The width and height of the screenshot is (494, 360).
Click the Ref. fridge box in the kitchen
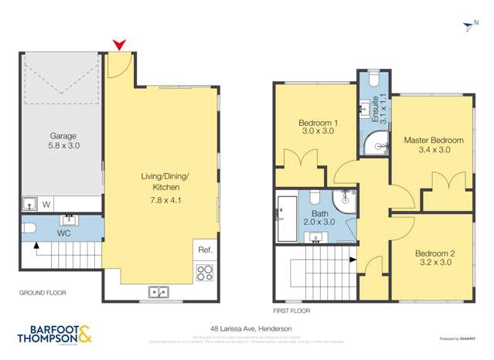(x=205, y=250)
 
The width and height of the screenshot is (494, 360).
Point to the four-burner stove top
(x=206, y=271)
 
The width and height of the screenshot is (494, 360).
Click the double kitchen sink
(x=159, y=292)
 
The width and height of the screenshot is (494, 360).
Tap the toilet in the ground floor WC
(x=29, y=229)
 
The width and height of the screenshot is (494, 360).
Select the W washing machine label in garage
(x=46, y=205)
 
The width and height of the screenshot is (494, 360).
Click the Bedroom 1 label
(x=318, y=127)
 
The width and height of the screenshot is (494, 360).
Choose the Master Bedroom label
(x=433, y=144)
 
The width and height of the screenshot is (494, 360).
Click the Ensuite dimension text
(x=376, y=109)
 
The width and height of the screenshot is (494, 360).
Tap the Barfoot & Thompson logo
(x=54, y=332)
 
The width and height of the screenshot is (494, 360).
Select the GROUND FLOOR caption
(x=43, y=294)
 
